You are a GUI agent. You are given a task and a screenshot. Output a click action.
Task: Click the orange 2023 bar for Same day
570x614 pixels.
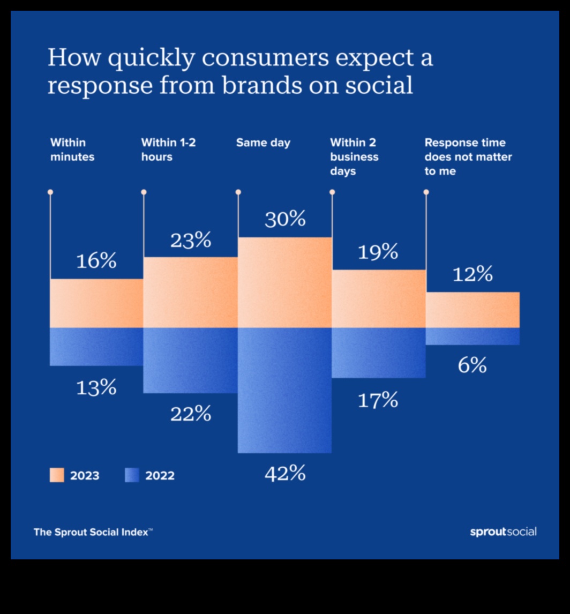[284, 282]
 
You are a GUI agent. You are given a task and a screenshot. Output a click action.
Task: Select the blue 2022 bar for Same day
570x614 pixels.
[284, 390]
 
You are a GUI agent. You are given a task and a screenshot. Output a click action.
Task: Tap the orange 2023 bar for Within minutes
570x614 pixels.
[96, 303]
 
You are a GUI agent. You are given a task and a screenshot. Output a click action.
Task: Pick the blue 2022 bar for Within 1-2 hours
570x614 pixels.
[190, 360]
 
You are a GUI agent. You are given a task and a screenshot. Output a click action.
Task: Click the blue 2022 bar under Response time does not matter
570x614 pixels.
[472, 336]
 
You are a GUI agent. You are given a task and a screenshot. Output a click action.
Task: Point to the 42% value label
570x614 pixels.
[285, 474]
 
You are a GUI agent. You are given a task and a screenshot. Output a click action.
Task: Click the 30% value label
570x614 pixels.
[285, 219]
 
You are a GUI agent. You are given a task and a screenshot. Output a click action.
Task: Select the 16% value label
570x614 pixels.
[96, 261]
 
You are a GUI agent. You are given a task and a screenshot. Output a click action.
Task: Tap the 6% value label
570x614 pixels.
[472, 365]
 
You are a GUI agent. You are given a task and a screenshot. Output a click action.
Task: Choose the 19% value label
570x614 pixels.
[378, 252]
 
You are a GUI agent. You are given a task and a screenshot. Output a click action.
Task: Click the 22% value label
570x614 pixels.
[191, 414]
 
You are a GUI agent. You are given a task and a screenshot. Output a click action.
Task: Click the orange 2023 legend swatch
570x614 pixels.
[57, 475]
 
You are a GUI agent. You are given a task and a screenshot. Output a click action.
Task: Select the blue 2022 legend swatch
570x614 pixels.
[132, 475]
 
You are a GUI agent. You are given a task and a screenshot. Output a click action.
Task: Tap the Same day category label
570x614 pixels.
[263, 143]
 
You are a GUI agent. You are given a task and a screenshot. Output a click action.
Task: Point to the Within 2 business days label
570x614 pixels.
[354, 158]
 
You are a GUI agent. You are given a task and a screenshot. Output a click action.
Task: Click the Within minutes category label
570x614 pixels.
[72, 150]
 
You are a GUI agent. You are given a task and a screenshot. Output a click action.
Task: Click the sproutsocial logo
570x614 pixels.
[503, 532]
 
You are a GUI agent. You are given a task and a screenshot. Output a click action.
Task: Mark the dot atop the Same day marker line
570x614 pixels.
[238, 192]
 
